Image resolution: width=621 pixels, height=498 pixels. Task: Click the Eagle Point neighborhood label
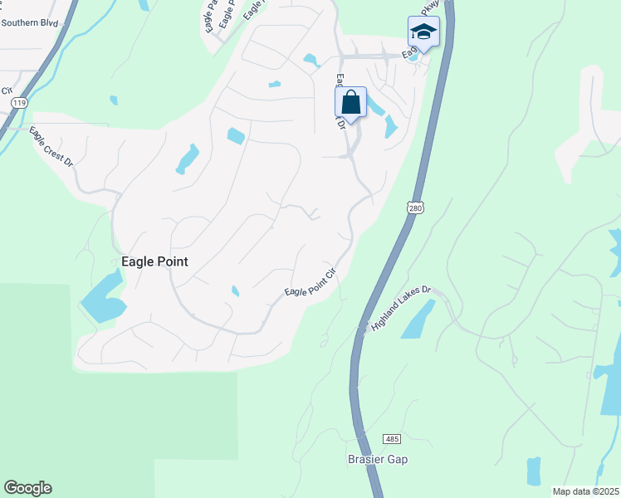click(x=154, y=261)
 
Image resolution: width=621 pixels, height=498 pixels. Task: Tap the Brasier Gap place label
click(x=378, y=459)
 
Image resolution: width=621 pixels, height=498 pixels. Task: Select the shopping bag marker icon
click(x=350, y=104)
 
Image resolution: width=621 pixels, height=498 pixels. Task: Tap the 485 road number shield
click(x=393, y=437)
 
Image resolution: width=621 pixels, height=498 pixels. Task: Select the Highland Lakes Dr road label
click(x=403, y=308)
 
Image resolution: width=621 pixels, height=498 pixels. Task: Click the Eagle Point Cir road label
click(x=310, y=283)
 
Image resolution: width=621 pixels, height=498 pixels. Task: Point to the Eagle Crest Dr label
click(x=51, y=147)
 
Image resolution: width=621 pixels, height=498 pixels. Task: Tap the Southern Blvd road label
click(x=30, y=23)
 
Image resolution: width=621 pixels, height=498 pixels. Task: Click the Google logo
click(x=27, y=488)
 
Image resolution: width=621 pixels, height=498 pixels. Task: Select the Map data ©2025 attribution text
click(x=586, y=491)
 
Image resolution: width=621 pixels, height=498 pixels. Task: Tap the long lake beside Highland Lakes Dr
click(x=418, y=320)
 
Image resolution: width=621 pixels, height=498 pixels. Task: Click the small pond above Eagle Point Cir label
click(x=235, y=290)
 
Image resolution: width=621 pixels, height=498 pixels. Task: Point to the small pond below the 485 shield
click(x=533, y=471)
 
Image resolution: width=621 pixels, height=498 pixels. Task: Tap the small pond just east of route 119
click(x=114, y=100)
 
